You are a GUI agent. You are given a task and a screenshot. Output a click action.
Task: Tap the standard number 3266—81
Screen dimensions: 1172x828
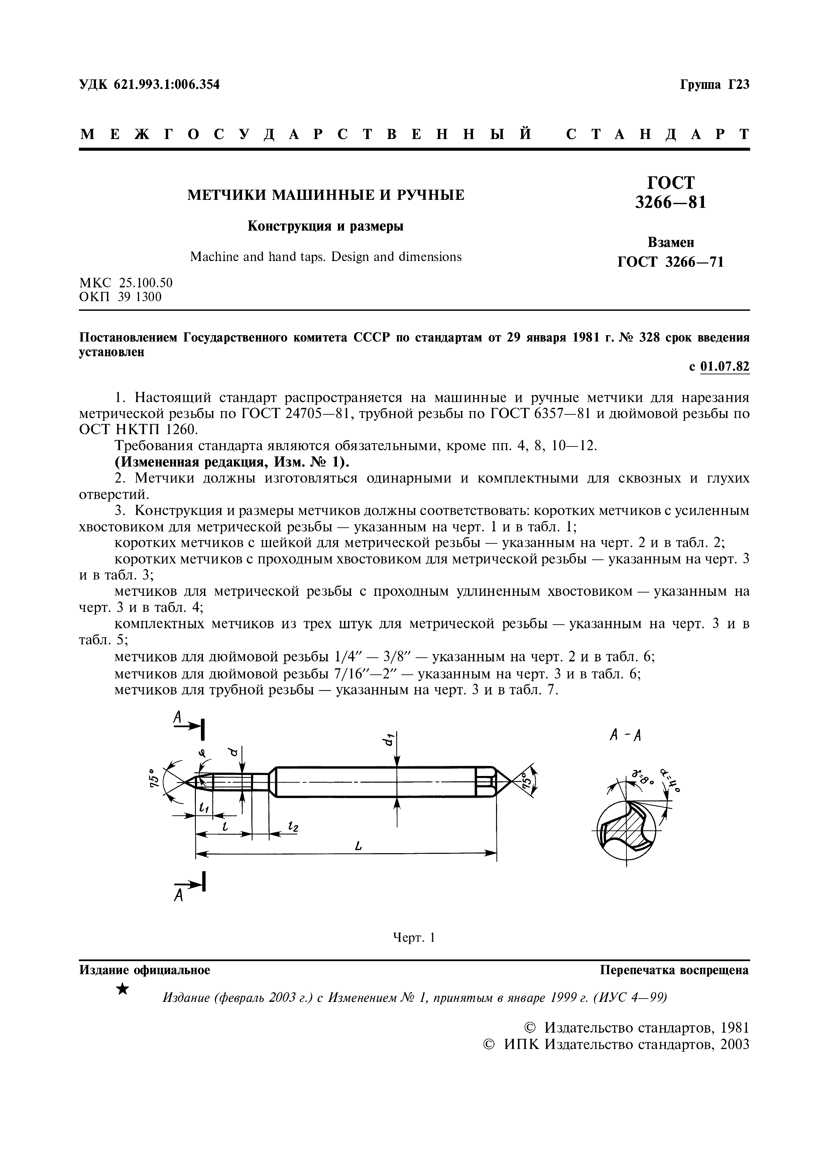click(671, 203)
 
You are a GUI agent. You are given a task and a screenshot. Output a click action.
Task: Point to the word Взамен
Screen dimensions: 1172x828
click(671, 242)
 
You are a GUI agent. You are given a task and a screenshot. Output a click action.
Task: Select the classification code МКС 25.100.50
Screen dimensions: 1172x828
click(126, 283)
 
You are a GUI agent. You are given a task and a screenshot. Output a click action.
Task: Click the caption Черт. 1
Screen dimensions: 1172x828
click(413, 938)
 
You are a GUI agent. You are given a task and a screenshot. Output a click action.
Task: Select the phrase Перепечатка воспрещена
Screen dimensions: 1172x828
click(674, 970)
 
